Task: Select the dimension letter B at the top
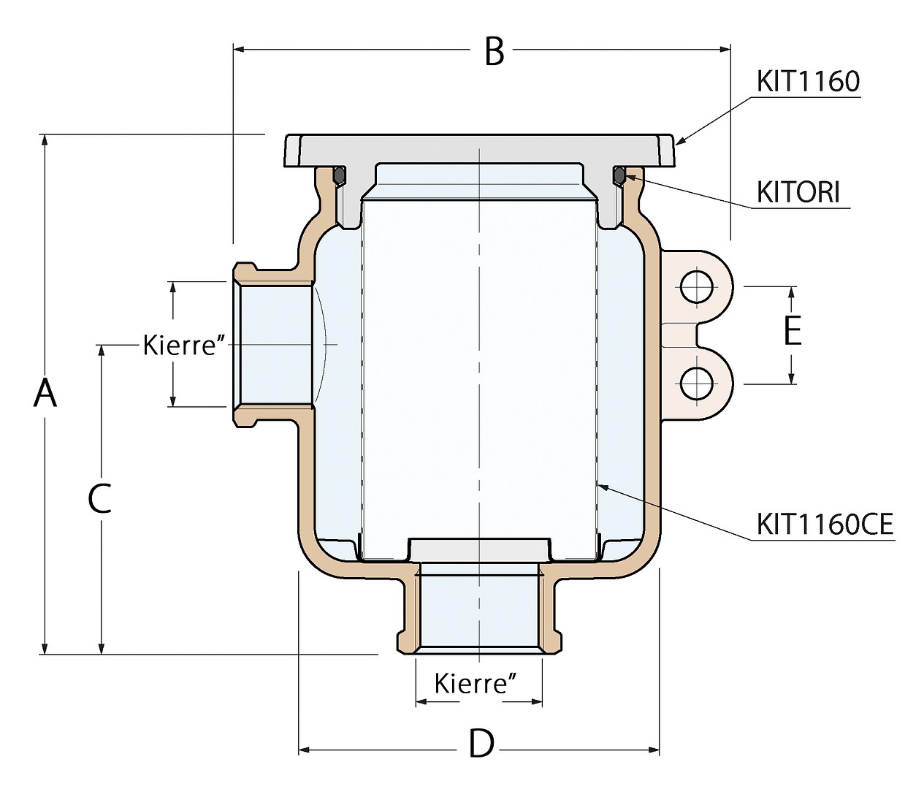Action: tap(495, 52)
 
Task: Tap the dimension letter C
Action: tap(99, 498)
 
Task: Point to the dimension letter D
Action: tap(481, 745)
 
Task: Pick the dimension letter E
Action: tap(793, 330)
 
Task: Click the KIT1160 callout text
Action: tap(808, 82)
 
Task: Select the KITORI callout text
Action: tap(798, 192)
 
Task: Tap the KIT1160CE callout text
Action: tap(825, 525)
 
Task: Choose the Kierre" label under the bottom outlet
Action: tap(476, 683)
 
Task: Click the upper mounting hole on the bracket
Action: tap(697, 287)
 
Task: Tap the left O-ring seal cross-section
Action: tap(339, 176)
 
